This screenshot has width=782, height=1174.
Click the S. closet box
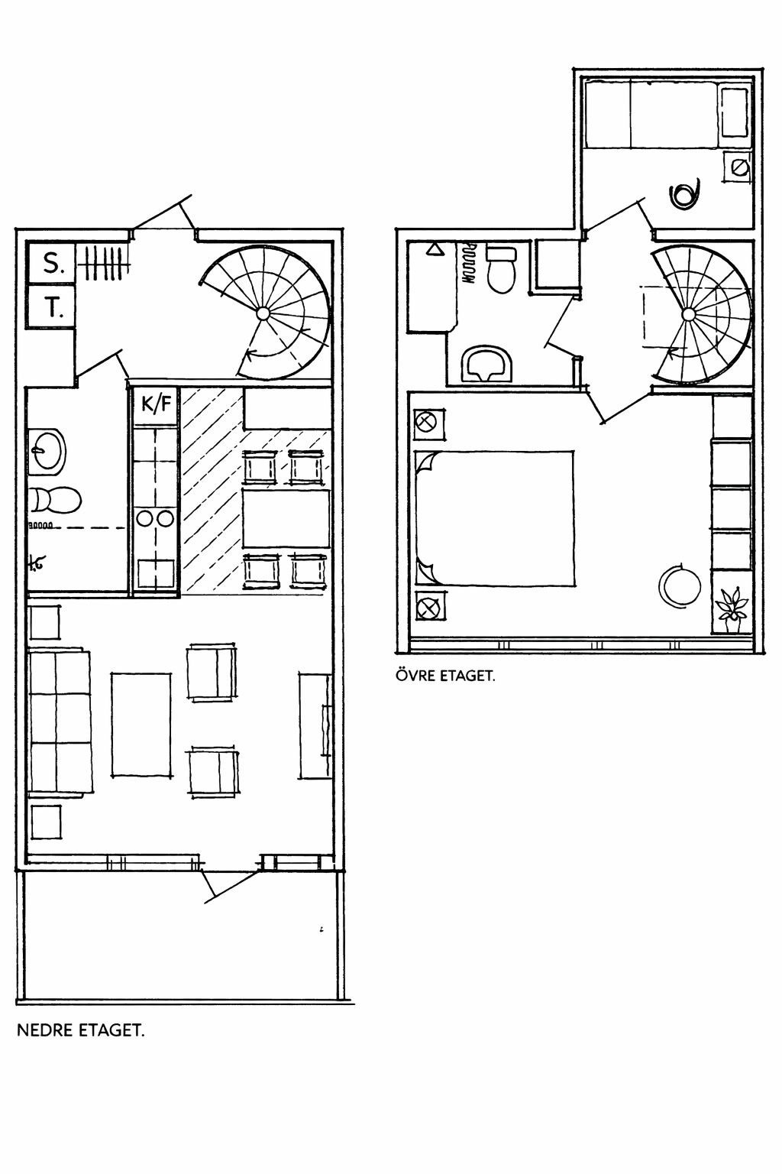[51, 263]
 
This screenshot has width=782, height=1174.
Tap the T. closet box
[51, 307]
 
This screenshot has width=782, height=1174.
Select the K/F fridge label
[157, 403]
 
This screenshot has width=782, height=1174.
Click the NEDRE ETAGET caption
[80, 1030]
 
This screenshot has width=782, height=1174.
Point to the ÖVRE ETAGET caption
[445, 676]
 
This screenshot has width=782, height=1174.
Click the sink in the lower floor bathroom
[47, 449]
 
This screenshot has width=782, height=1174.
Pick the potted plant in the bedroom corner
[731, 610]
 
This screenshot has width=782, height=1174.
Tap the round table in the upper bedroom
[679, 585]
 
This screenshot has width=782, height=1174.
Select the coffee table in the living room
[141, 724]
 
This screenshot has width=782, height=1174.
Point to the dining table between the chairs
[286, 519]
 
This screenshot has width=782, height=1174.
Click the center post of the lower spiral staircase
[263, 313]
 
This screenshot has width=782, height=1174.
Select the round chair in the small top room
[683, 194]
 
